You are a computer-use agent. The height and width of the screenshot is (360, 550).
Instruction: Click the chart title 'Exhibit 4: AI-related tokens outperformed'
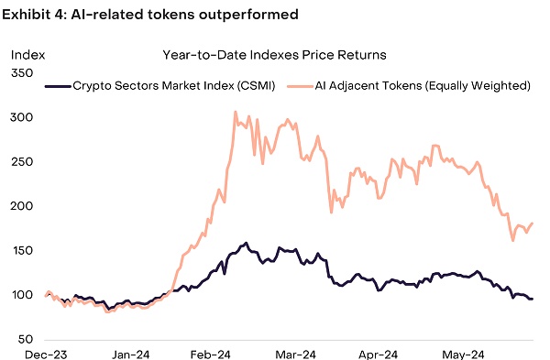[152, 16]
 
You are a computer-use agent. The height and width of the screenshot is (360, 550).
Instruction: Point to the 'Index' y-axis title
[27, 55]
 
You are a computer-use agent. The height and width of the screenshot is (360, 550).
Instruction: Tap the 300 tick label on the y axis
[22, 117]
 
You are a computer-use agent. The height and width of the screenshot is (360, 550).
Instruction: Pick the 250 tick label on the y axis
[22, 161]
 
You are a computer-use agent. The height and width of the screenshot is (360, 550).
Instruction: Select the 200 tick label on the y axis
[22, 206]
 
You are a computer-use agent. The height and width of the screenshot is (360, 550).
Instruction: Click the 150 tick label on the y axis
[22, 250]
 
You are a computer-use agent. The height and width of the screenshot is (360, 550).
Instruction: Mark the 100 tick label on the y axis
[22, 295]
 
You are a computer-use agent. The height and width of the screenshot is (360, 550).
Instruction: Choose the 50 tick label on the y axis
[25, 339]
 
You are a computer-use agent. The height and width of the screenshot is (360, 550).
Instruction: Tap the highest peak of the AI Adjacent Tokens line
[235, 113]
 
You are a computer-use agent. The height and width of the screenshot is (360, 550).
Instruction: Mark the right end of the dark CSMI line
[533, 299]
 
